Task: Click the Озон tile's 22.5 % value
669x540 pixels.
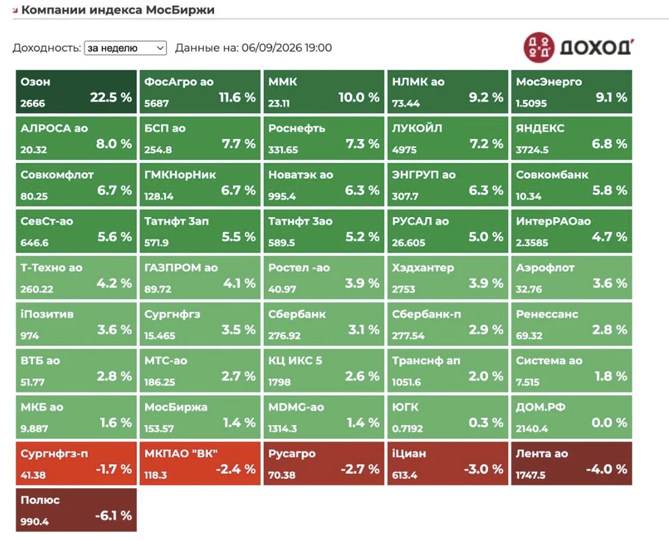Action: coord(111,97)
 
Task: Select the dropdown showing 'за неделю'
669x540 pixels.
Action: coord(126,48)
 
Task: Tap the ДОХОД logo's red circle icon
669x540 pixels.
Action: coord(539,48)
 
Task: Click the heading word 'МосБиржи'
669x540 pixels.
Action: coord(180,10)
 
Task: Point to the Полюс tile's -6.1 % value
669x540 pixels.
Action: coord(114,516)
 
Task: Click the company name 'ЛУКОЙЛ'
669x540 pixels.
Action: coord(417,128)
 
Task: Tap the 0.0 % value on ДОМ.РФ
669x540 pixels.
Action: coord(609,423)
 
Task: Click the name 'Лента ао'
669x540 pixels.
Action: coord(542,453)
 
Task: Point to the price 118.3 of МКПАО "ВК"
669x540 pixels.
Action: coord(155,475)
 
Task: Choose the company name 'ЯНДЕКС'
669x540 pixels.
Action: coord(540,128)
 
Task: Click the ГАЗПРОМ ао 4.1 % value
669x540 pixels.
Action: coord(239,283)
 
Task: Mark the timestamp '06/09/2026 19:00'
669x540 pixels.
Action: coord(287,48)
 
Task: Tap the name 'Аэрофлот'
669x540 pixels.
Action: coord(545,268)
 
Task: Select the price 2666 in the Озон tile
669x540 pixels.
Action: coord(33,103)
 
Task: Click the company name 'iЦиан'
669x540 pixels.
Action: coord(409,453)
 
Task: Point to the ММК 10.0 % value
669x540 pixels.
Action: coord(359,97)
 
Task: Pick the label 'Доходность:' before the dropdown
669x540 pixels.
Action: coord(47,48)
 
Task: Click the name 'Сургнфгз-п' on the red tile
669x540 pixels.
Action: coord(54,454)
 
